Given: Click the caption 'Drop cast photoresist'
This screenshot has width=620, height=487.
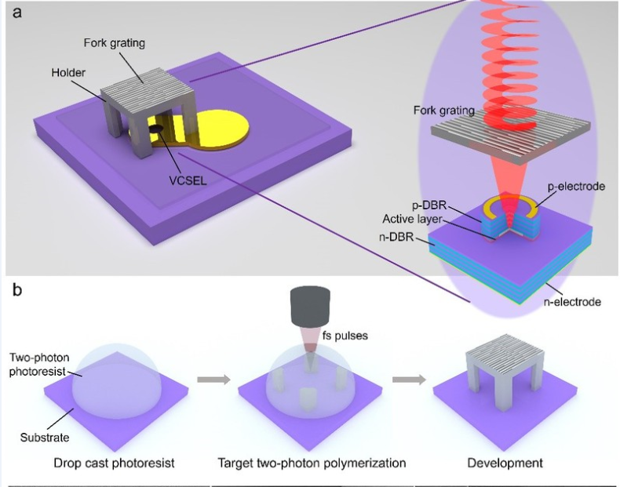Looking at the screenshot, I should pyautogui.click(x=113, y=463).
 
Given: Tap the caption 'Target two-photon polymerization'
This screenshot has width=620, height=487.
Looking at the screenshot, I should pyautogui.click(x=312, y=463).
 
